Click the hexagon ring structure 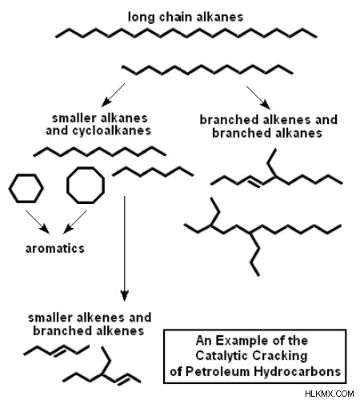click(10, 189)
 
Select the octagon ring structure click(67, 186)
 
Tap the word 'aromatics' click(55, 249)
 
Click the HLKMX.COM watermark click(330, 394)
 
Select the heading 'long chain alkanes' click(186, 17)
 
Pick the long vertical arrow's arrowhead click(125, 295)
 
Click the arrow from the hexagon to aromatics click(38, 222)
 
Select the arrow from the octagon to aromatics click(75, 222)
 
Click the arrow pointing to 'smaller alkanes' click(113, 95)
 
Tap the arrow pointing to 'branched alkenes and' click(258, 98)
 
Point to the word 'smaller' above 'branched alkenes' click(50, 318)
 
